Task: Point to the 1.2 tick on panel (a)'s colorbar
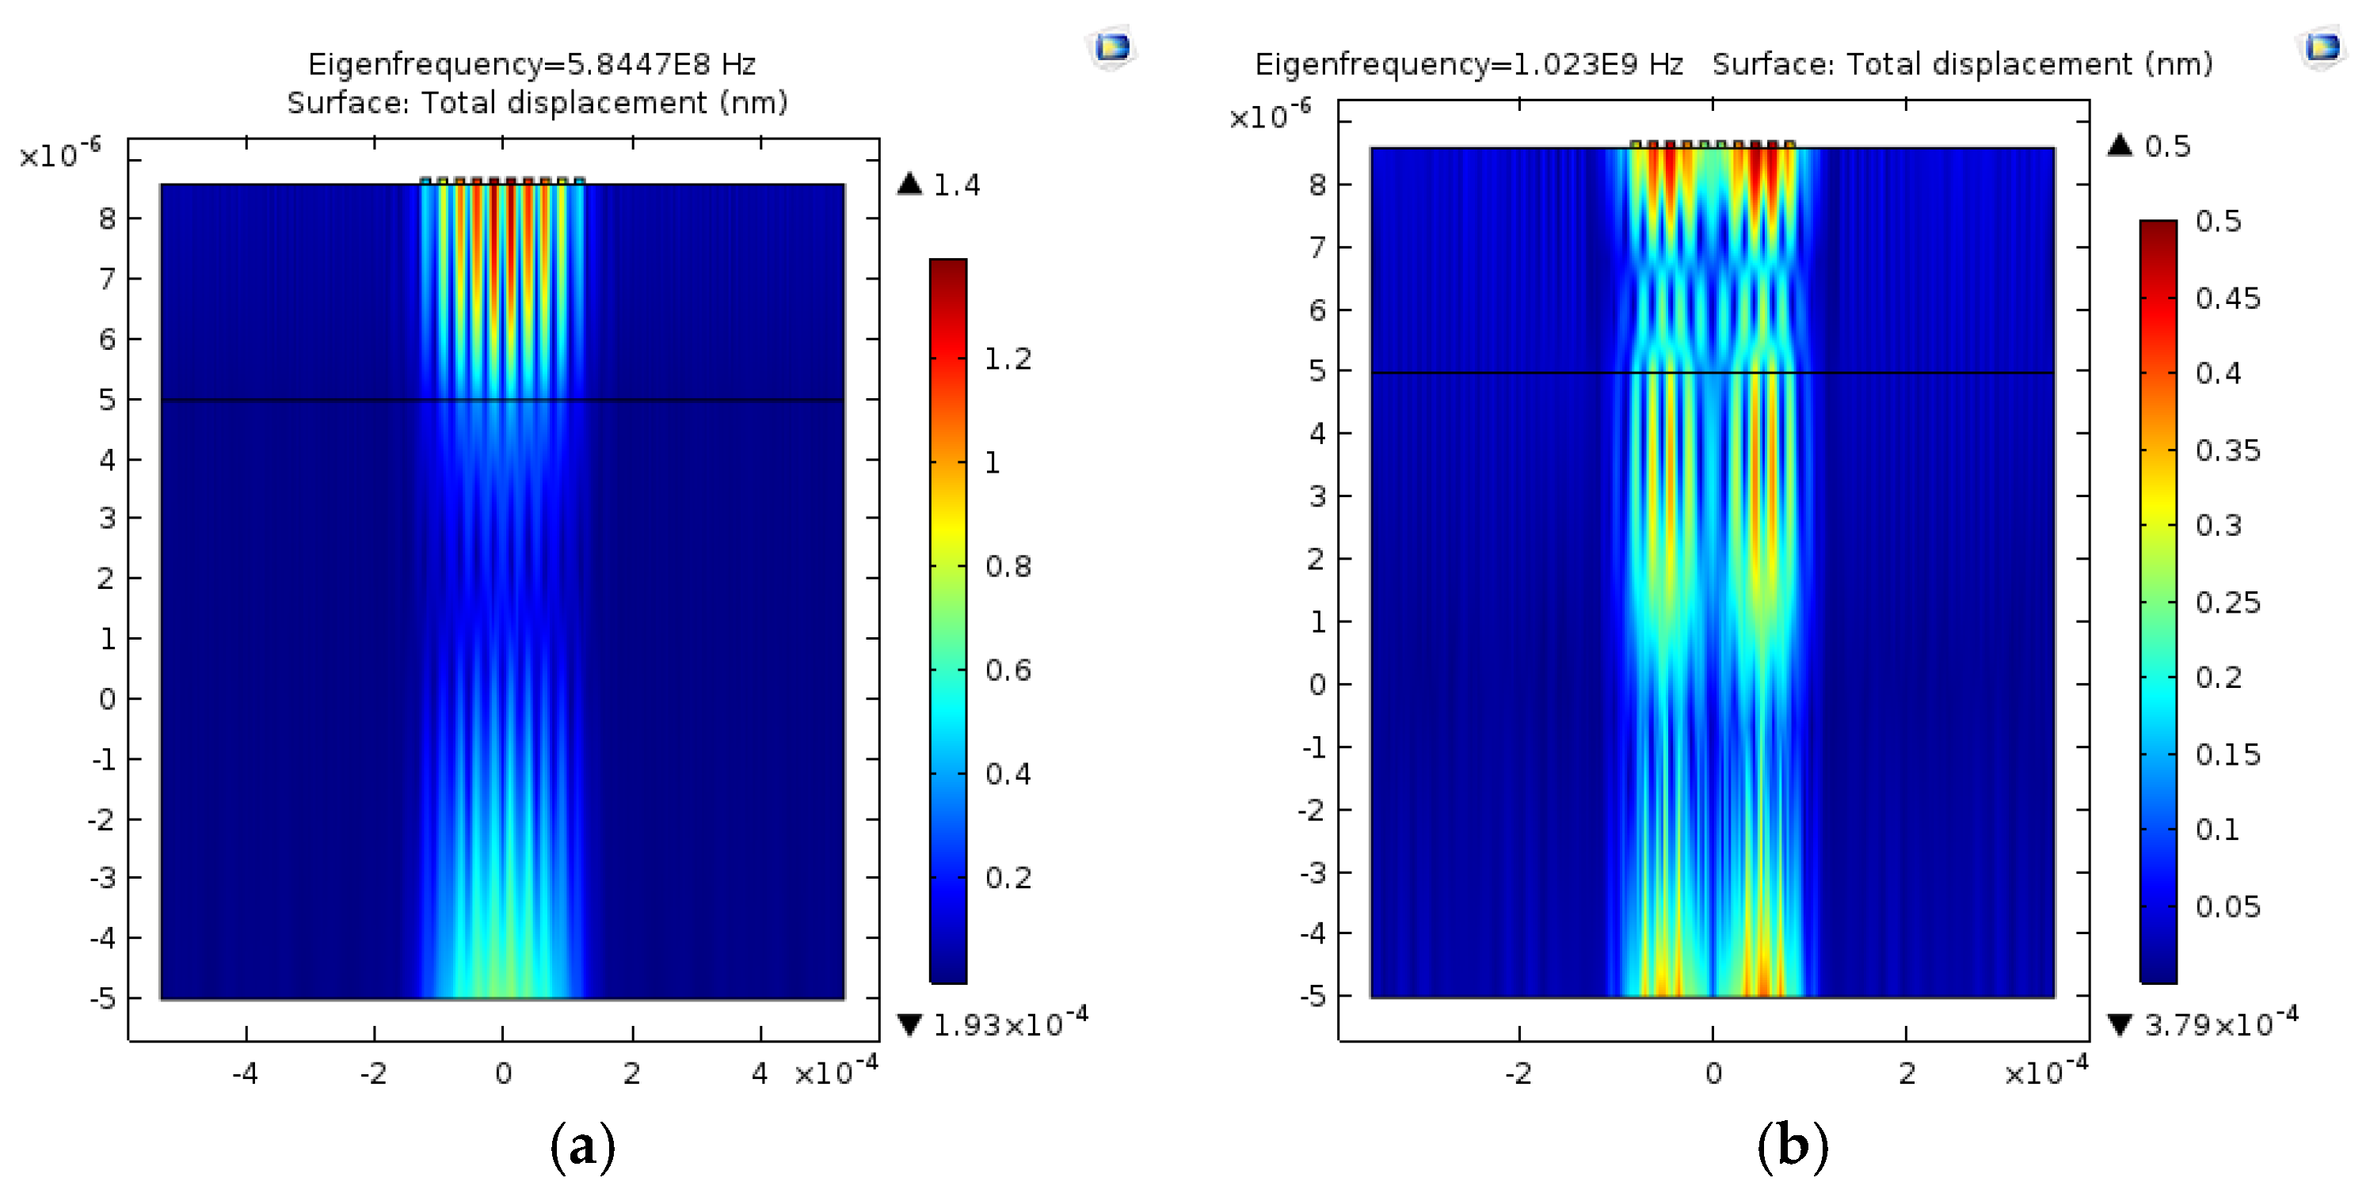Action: [x=1008, y=359]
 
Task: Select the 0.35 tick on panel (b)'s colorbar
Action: [x=2227, y=450]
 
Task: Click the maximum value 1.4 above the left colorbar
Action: [x=956, y=186]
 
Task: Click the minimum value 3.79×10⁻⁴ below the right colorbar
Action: [x=2220, y=1023]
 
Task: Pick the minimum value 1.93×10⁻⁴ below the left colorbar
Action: [x=1009, y=1023]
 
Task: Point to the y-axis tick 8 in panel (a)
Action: [x=108, y=219]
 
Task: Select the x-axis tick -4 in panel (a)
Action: [x=245, y=1073]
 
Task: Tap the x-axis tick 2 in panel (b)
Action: [x=1907, y=1073]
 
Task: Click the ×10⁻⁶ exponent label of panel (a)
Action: [x=59, y=154]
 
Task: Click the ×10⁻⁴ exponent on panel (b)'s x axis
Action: [x=2046, y=1070]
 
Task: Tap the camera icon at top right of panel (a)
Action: [x=1112, y=46]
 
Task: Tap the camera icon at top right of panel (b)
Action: [x=2322, y=46]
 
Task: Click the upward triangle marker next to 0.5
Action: [x=2120, y=146]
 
